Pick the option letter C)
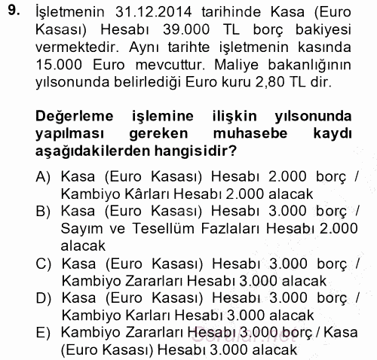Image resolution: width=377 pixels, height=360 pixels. pyautogui.click(x=42, y=264)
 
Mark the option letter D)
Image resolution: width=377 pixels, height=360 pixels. pyautogui.click(x=42, y=298)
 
